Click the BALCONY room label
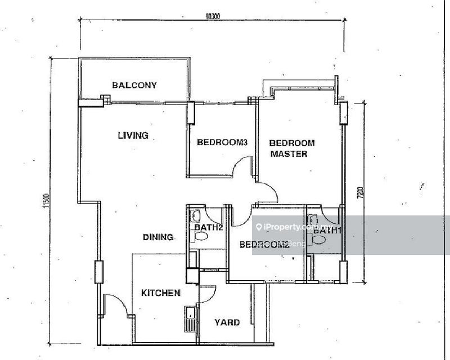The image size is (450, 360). pyautogui.click(x=134, y=85)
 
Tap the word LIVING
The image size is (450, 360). pyautogui.click(x=133, y=135)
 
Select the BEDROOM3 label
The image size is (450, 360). pyautogui.click(x=222, y=143)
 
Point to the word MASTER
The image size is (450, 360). pyautogui.click(x=289, y=154)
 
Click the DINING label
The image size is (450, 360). pyautogui.click(x=157, y=237)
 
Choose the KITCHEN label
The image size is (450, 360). pyautogui.click(x=160, y=293)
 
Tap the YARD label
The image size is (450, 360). pyautogui.click(x=227, y=322)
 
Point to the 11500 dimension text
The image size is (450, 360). pyautogui.click(x=46, y=201)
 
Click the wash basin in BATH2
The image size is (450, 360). pyautogui.click(x=195, y=215)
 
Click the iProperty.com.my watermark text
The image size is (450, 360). pyautogui.click(x=292, y=227)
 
